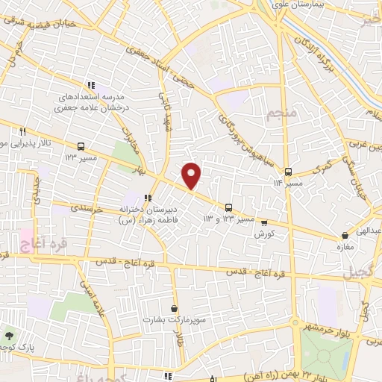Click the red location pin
coord(192,175)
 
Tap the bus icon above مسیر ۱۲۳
coord(79,145)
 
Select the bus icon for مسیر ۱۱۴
coord(288,170)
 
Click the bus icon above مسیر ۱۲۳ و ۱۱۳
coord(230,208)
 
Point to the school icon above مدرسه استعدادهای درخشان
coord(92,85)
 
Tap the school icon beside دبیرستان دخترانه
coord(148,198)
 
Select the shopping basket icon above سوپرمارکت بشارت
coord(174,308)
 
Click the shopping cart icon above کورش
coord(260,222)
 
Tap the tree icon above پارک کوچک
coord(9,336)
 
